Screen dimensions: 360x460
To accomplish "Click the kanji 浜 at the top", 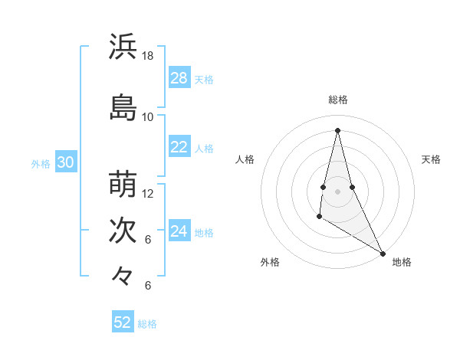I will tap(123, 47).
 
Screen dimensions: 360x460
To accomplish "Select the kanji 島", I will tap(123, 107).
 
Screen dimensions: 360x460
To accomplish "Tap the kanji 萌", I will tap(123, 185).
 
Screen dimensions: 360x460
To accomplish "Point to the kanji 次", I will tap(123, 231).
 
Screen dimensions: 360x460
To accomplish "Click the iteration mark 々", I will tap(123, 275).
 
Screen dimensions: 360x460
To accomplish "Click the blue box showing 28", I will tap(179, 78).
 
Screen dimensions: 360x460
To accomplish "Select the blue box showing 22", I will tap(179, 148).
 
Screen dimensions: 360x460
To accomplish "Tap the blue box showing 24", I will tap(179, 232).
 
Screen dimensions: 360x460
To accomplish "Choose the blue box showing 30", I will tap(65, 163).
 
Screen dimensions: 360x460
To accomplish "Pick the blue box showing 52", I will tap(123, 322).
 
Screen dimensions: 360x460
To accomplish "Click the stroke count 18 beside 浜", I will tap(148, 56).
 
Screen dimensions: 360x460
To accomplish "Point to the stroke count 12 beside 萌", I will tap(148, 194).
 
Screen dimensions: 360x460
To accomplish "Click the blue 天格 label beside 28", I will tap(204, 79).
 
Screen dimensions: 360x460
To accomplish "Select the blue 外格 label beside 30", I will tap(41, 164).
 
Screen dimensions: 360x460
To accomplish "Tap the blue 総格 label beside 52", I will tap(147, 323).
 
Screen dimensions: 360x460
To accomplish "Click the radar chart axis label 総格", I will tap(338, 100).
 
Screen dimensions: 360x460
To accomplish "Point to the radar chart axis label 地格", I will tap(402, 262).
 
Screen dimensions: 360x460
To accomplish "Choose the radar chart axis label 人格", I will tap(245, 159).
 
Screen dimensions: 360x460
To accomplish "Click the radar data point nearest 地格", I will tap(383, 254).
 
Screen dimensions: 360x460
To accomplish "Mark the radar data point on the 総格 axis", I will tap(338, 129).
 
